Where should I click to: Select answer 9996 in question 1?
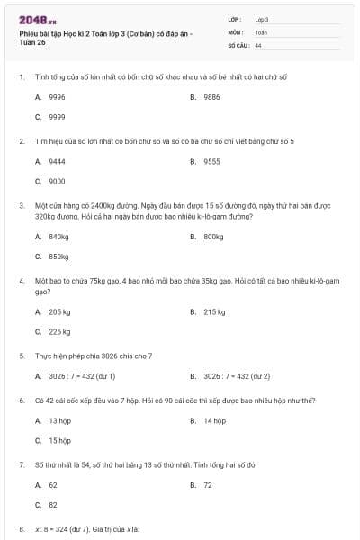pos(57,96)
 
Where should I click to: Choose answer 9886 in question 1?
pos(211,96)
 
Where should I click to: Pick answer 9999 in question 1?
pos(57,117)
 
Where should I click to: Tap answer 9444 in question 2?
pos(57,161)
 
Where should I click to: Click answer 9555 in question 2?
pos(211,161)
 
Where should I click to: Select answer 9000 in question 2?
pos(57,181)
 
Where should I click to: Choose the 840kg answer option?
pos(58,237)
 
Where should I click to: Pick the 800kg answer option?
pos(213,237)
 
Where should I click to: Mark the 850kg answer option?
pos(58,256)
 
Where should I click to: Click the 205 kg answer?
pos(59,311)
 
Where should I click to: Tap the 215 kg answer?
pos(214,311)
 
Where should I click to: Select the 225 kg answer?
pos(59,331)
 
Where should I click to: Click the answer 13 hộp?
pos(59,420)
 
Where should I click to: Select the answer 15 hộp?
pos(59,440)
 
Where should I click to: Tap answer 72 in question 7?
pos(208,484)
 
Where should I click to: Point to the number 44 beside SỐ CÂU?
pos(258,44)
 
